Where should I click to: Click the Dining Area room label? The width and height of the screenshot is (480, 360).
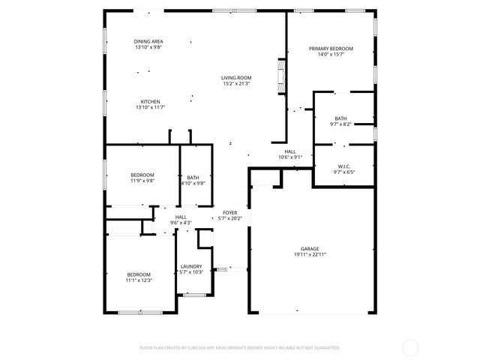pyautogui.click(x=148, y=41)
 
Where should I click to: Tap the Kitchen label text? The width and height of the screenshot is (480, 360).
pyautogui.click(x=150, y=102)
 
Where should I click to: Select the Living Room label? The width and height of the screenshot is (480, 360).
pyautogui.click(x=235, y=78)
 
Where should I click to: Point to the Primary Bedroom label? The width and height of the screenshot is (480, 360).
pyautogui.click(x=331, y=49)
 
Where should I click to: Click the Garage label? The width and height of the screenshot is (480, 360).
pyautogui.click(x=310, y=248)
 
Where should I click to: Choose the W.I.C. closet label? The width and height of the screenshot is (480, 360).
pyautogui.click(x=344, y=166)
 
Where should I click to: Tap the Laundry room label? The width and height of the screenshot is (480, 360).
pyautogui.click(x=191, y=266)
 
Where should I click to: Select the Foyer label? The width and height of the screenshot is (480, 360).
pyautogui.click(x=230, y=213)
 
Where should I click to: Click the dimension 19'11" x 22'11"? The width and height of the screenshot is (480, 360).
pyautogui.click(x=310, y=255)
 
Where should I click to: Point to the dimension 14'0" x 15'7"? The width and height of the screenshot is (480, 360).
pyautogui.click(x=331, y=55)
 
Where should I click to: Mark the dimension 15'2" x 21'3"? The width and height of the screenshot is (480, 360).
pyautogui.click(x=235, y=84)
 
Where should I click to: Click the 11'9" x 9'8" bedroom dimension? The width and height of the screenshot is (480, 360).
pyautogui.click(x=142, y=181)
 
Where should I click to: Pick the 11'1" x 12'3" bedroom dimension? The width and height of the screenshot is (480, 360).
pyautogui.click(x=139, y=280)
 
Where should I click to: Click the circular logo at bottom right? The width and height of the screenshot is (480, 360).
pyautogui.click(x=411, y=347)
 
